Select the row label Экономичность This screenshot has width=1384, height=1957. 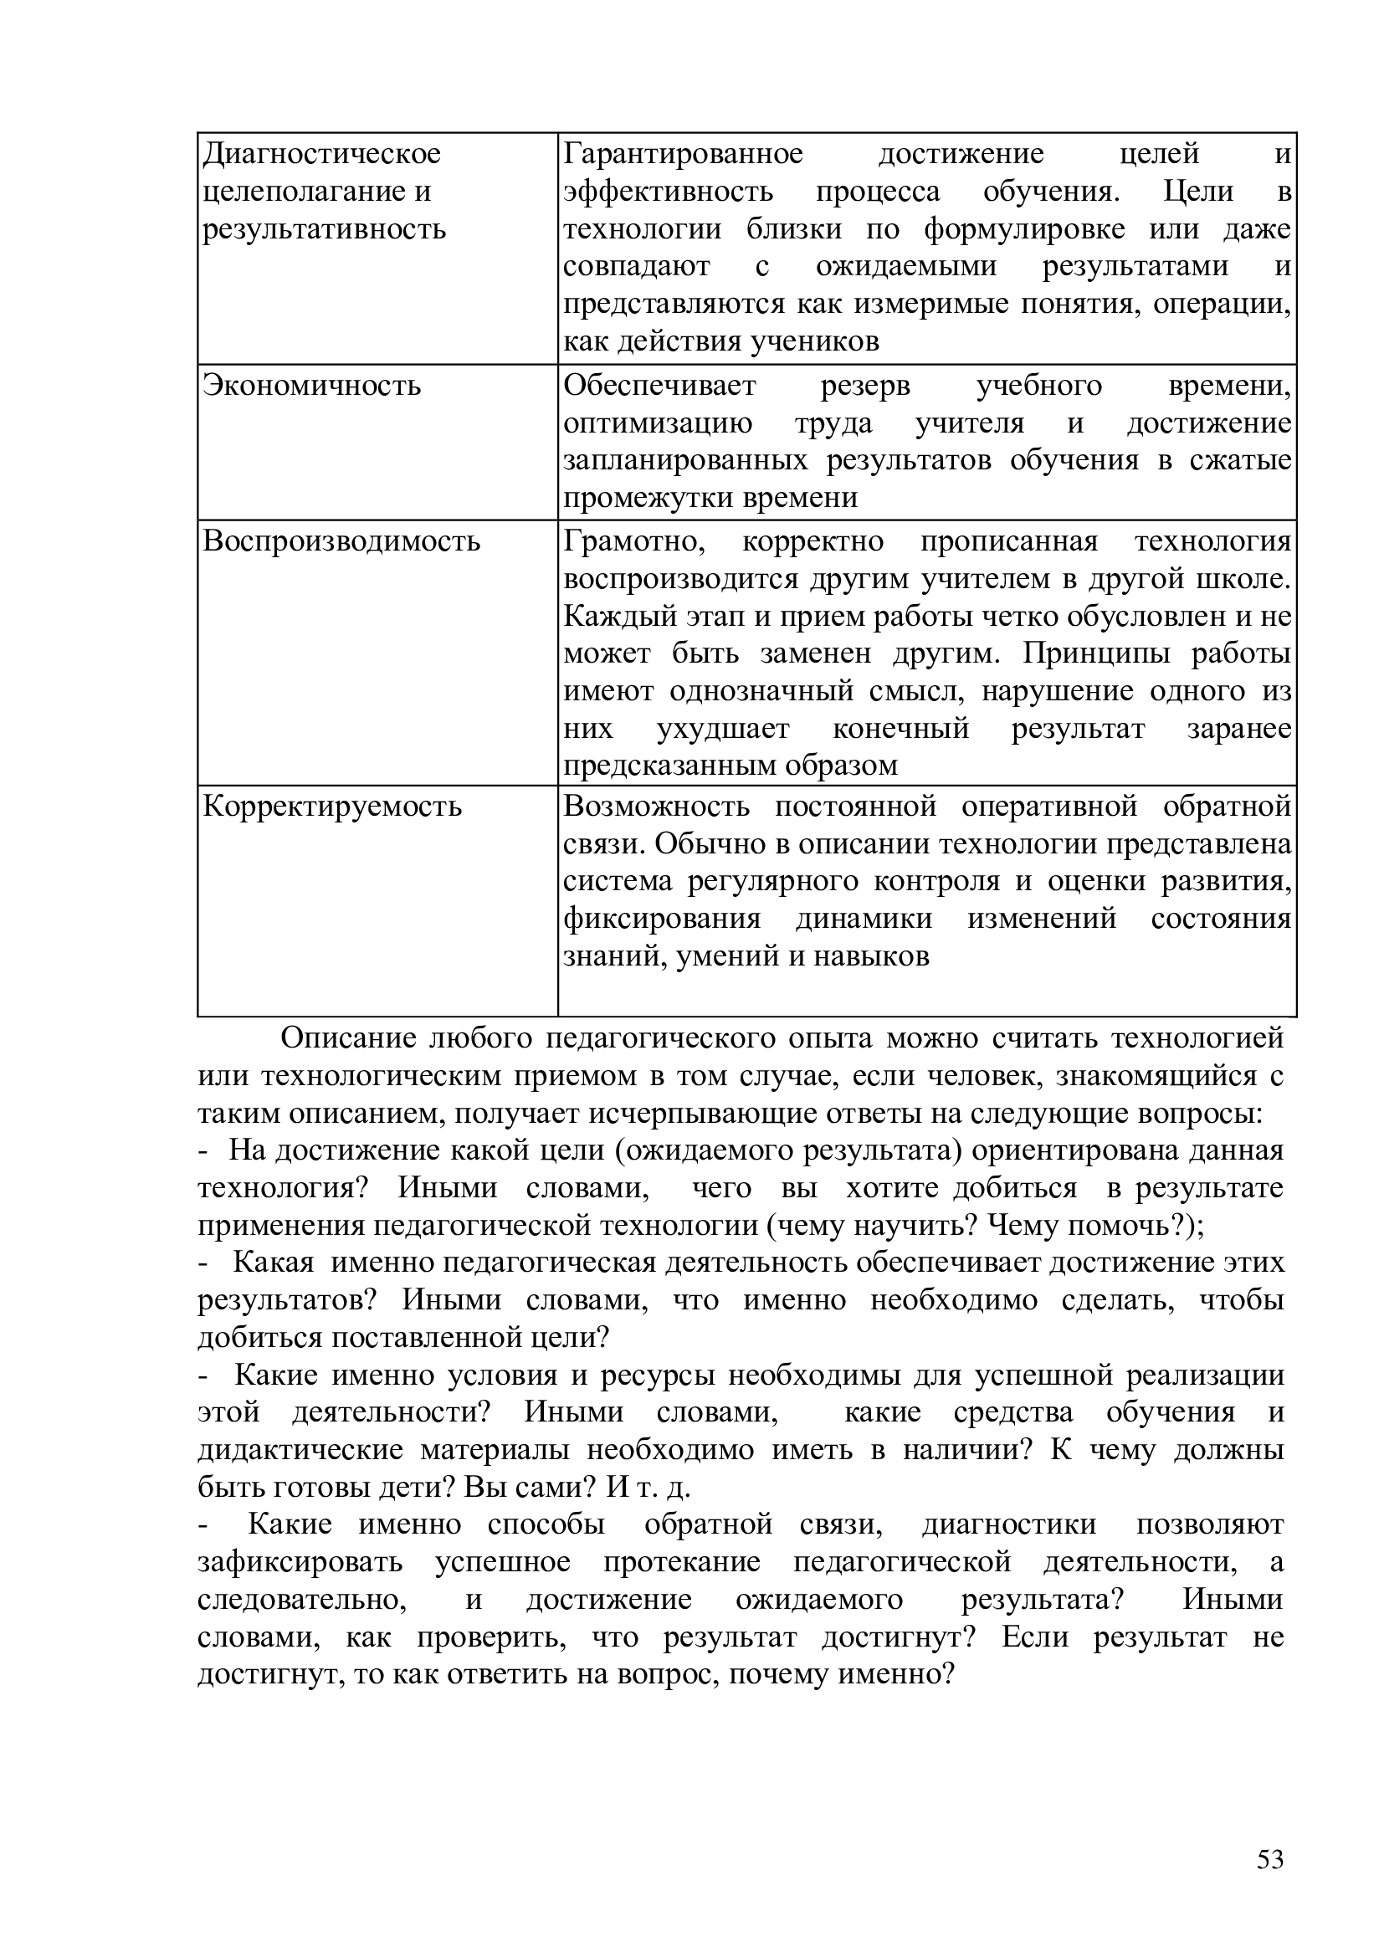(312, 386)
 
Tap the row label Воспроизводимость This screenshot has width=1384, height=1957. (341, 542)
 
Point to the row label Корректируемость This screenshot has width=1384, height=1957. (332, 807)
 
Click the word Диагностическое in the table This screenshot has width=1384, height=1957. (322, 154)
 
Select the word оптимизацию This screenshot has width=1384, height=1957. (658, 423)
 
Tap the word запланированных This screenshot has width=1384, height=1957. (685, 461)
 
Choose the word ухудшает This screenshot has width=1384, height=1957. (723, 730)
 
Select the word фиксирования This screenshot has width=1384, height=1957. (662, 920)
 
